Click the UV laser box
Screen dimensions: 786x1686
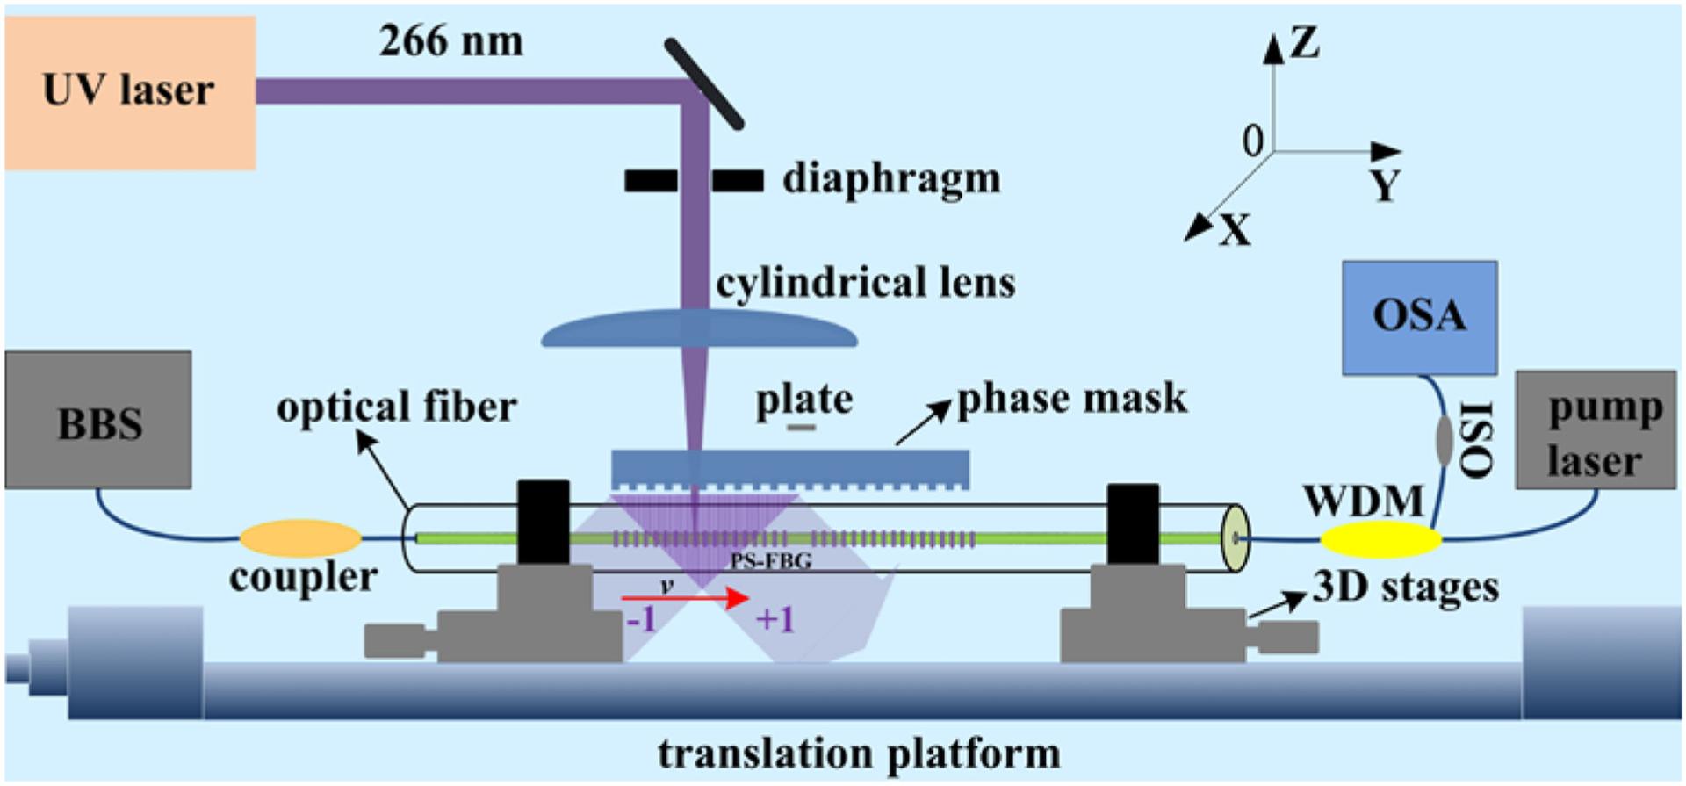coord(130,92)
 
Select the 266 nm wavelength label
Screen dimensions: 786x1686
coord(450,42)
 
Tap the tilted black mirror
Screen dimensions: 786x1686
coord(703,83)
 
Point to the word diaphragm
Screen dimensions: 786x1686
coord(891,179)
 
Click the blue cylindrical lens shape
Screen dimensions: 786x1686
coord(698,330)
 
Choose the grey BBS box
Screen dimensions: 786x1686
coord(98,421)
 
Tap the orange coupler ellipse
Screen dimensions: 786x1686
coord(300,538)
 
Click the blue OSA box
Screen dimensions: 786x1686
coord(1419,317)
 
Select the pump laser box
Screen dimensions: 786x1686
coord(1595,430)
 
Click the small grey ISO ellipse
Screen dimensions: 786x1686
coord(1444,441)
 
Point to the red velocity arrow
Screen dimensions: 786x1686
coord(685,598)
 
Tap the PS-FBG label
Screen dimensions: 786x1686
coord(770,560)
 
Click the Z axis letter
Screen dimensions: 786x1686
coord(1305,42)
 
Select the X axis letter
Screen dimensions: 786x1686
coord(1235,230)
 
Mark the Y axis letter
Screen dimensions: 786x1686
coord(1385,185)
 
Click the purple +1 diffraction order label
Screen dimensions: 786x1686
coord(775,620)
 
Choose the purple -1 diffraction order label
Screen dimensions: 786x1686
coord(642,620)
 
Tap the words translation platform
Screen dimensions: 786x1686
coord(859,754)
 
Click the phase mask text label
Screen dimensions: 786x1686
coord(1071,398)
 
